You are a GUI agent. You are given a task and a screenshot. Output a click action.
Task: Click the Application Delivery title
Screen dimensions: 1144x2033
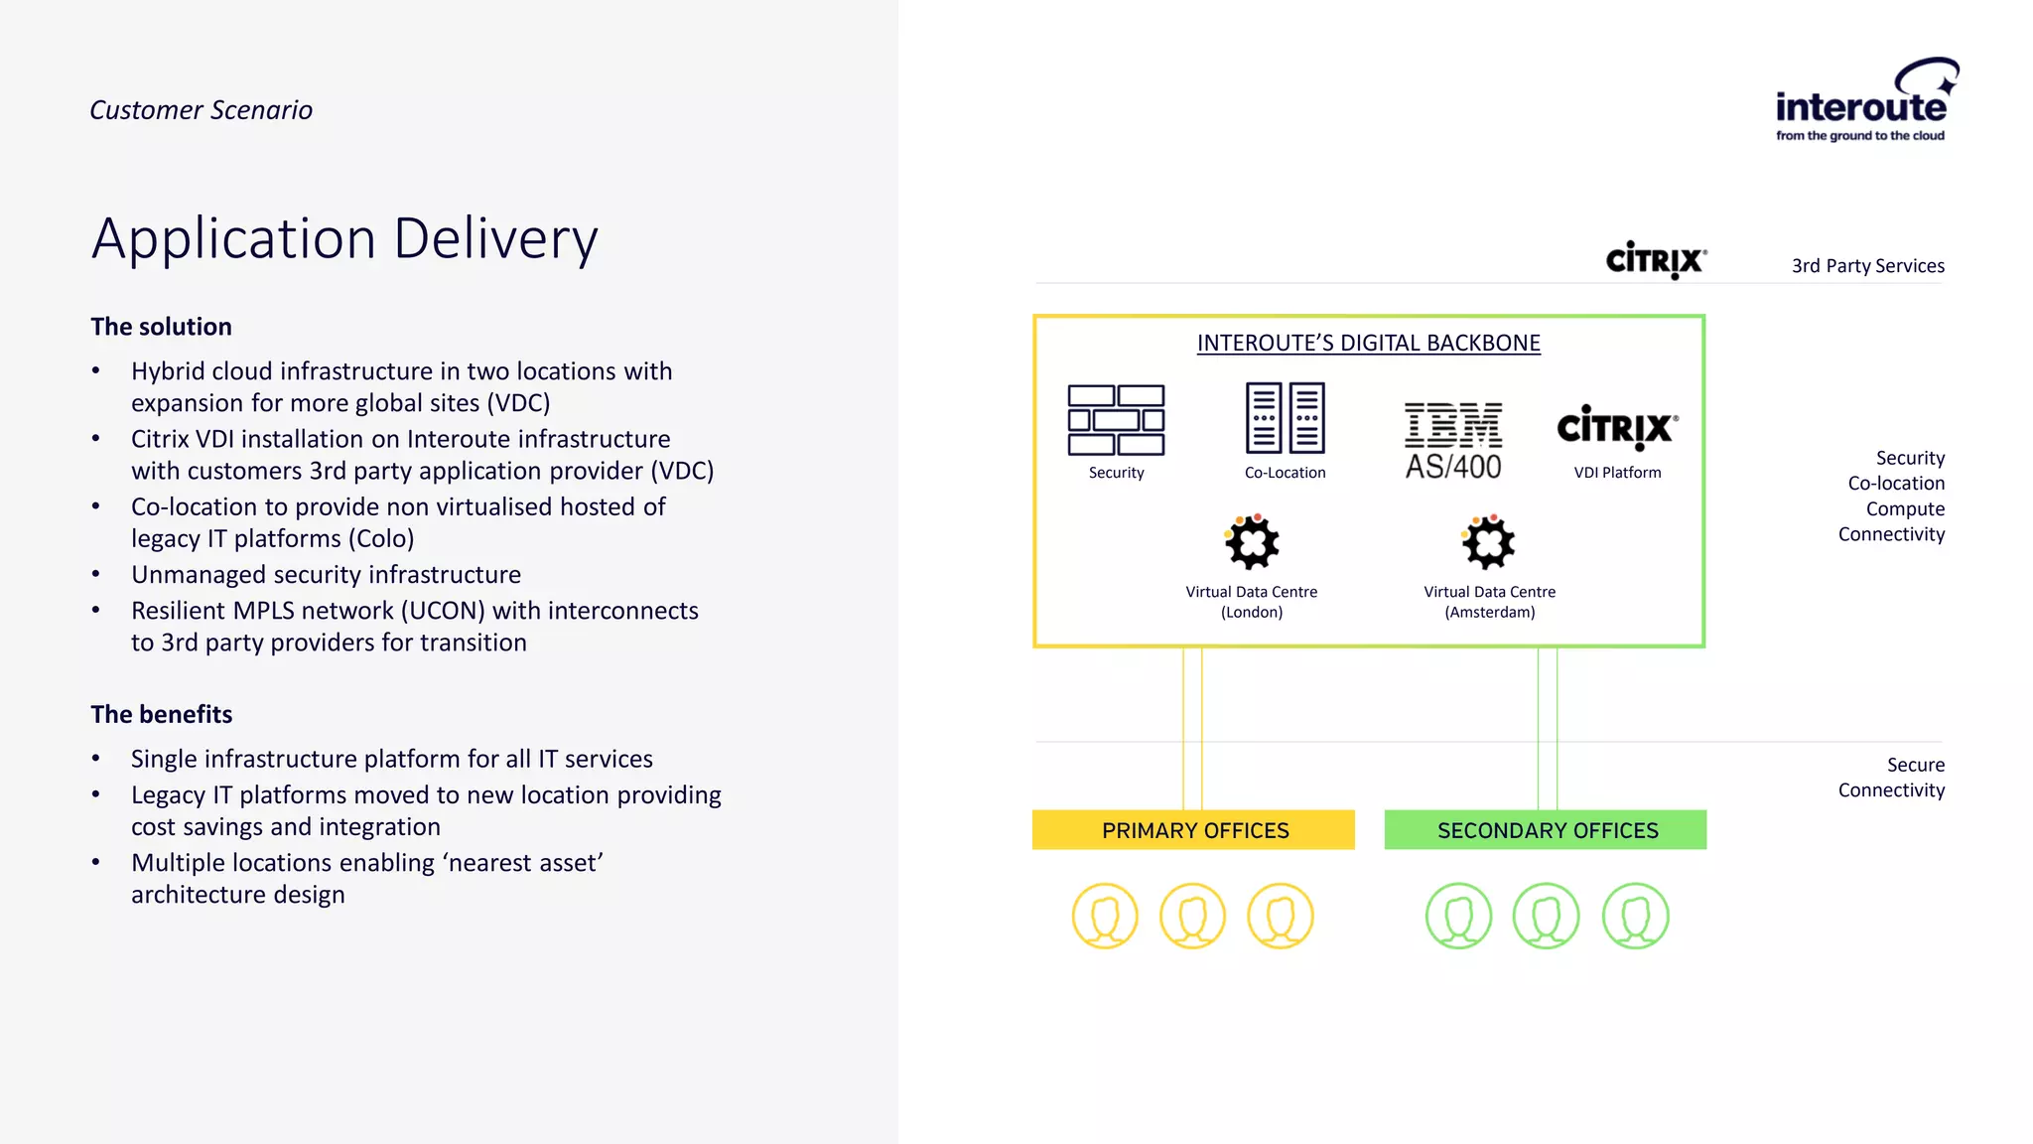coord(344,239)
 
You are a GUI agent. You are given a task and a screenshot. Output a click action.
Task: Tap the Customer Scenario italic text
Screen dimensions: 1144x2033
coord(201,110)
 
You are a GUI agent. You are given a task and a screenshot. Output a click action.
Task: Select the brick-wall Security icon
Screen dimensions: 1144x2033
coord(1116,420)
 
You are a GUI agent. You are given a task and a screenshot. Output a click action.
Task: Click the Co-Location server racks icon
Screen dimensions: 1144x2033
coord(1285,418)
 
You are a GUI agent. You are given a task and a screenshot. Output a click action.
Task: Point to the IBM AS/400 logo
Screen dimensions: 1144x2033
coord(1453,441)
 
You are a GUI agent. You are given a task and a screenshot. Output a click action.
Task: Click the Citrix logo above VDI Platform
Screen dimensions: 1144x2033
coord(1617,428)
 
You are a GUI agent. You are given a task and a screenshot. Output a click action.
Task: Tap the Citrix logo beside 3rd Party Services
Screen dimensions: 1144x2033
coord(1656,260)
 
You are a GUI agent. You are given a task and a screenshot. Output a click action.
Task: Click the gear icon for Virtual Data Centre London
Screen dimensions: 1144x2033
coord(1252,542)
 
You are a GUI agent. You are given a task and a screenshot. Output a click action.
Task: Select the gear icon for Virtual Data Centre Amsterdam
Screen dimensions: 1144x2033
coord(1488,542)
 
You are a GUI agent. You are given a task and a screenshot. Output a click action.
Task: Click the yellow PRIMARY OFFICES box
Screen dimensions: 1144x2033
coord(1193,830)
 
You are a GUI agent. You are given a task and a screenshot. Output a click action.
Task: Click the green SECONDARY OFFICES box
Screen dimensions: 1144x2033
coord(1546,830)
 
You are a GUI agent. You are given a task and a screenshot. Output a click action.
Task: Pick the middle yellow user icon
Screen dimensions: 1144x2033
coord(1192,916)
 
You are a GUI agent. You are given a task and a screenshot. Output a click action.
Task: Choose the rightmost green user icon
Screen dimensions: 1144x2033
coord(1635,916)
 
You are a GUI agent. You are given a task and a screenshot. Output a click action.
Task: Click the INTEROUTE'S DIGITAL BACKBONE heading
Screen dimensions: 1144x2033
coord(1368,344)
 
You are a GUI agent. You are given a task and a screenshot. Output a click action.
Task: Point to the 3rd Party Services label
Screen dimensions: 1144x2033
coord(1867,266)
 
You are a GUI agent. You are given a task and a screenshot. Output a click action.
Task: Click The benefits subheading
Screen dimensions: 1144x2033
coord(161,714)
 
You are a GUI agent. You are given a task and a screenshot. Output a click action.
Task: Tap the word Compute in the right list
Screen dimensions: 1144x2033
coord(1904,509)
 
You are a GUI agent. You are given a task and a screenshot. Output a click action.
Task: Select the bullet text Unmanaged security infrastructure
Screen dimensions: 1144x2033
coord(326,575)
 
